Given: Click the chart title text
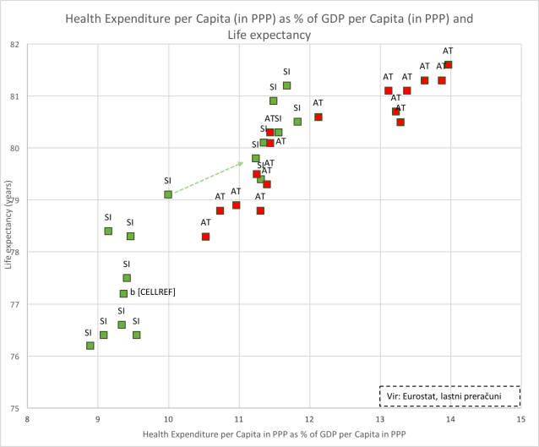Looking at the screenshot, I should coord(269,26).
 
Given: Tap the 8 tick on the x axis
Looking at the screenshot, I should coord(27,418).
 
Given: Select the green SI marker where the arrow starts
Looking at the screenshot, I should coord(168,194).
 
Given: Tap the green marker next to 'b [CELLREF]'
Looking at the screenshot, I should coord(123,293).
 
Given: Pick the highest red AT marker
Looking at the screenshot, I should coord(449,64).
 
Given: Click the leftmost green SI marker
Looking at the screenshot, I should coord(90,346).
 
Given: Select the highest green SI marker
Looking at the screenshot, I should coord(287,85).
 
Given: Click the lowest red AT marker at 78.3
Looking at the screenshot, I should coord(205,237).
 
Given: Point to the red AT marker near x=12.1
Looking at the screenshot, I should coord(318,117).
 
